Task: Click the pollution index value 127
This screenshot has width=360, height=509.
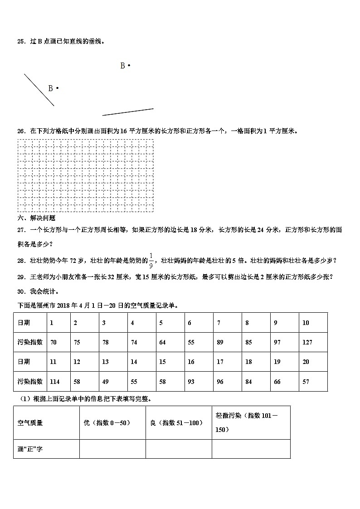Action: tap(307, 342)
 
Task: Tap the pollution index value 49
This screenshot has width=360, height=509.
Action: tap(105, 382)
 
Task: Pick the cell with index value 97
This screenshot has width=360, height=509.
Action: tap(277, 342)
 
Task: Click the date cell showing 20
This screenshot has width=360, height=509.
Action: tap(306, 362)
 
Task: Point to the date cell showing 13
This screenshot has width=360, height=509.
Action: tap(105, 362)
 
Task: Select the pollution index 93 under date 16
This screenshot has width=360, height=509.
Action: tap(191, 382)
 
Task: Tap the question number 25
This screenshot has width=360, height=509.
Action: tap(21, 41)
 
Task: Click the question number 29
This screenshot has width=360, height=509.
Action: tap(21, 276)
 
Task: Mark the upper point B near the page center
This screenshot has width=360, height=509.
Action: tap(129, 66)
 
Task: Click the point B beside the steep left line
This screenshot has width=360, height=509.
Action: tap(57, 88)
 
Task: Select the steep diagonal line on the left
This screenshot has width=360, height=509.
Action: tap(39, 90)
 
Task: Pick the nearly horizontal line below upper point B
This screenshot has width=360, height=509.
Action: tap(128, 112)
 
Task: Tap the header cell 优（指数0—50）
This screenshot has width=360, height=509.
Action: tap(107, 422)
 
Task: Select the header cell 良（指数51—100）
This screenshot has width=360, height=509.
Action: tap(176, 422)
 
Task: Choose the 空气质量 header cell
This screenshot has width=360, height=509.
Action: tap(30, 422)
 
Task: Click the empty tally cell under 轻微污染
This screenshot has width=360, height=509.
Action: tap(251, 449)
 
